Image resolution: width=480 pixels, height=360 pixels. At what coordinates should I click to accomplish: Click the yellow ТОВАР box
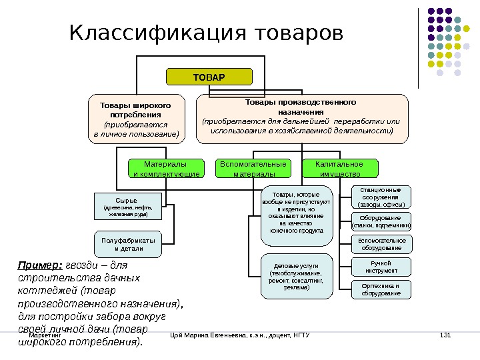(209, 77)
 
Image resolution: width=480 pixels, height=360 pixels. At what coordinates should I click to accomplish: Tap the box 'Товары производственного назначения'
(301, 117)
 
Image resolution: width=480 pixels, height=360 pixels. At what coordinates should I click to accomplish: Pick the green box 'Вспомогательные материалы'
(253, 169)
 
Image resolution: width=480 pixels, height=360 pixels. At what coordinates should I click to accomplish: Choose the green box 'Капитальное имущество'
(339, 169)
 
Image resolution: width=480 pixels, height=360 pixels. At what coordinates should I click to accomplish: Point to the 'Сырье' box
(127, 206)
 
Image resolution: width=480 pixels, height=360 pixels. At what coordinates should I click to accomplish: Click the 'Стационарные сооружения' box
(381, 197)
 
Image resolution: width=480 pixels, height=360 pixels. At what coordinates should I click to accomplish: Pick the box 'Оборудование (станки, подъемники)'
(381, 221)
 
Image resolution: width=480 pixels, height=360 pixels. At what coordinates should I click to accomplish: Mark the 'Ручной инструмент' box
(381, 267)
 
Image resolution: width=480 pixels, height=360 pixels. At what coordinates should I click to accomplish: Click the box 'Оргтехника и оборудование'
(381, 289)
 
